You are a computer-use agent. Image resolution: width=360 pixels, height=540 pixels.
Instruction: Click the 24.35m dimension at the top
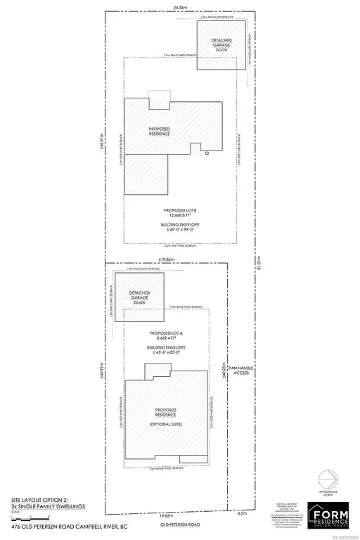pyautogui.click(x=167, y=8)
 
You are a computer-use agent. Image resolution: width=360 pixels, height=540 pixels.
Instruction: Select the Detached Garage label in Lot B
pyautogui.click(x=221, y=45)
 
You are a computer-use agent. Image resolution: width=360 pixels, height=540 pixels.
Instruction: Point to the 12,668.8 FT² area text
pyautogui.click(x=174, y=216)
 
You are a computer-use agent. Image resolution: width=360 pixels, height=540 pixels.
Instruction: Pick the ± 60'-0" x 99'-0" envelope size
pyautogui.click(x=174, y=229)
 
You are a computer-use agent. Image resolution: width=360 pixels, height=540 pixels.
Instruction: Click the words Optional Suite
pyautogui.click(x=165, y=424)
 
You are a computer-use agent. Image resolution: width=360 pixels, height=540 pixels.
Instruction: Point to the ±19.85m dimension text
pyautogui.click(x=167, y=260)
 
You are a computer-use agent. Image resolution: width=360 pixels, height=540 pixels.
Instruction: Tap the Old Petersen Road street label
pyautogui.click(x=167, y=525)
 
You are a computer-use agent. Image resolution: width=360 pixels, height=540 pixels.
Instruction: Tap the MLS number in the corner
pyautogui.click(x=345, y=536)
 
